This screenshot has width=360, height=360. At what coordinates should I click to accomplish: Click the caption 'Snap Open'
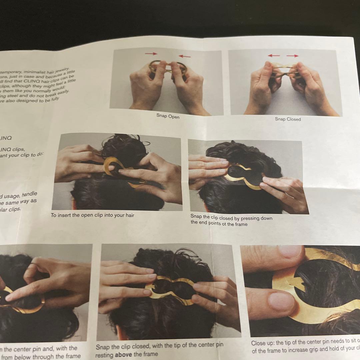[168, 116]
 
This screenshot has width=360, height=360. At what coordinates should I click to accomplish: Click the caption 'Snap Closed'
[288, 119]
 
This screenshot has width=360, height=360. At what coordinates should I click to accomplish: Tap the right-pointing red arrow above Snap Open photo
[151, 53]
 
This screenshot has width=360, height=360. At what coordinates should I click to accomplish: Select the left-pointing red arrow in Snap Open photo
[184, 56]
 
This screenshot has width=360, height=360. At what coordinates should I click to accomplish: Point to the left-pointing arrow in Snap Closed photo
[274, 56]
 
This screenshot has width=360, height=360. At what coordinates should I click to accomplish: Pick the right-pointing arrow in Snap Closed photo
[292, 56]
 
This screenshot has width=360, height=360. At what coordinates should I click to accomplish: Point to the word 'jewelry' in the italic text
[60, 70]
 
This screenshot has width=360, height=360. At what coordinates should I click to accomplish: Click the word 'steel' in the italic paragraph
[24, 96]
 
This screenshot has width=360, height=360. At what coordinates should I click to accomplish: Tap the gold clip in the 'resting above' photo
[170, 289]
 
